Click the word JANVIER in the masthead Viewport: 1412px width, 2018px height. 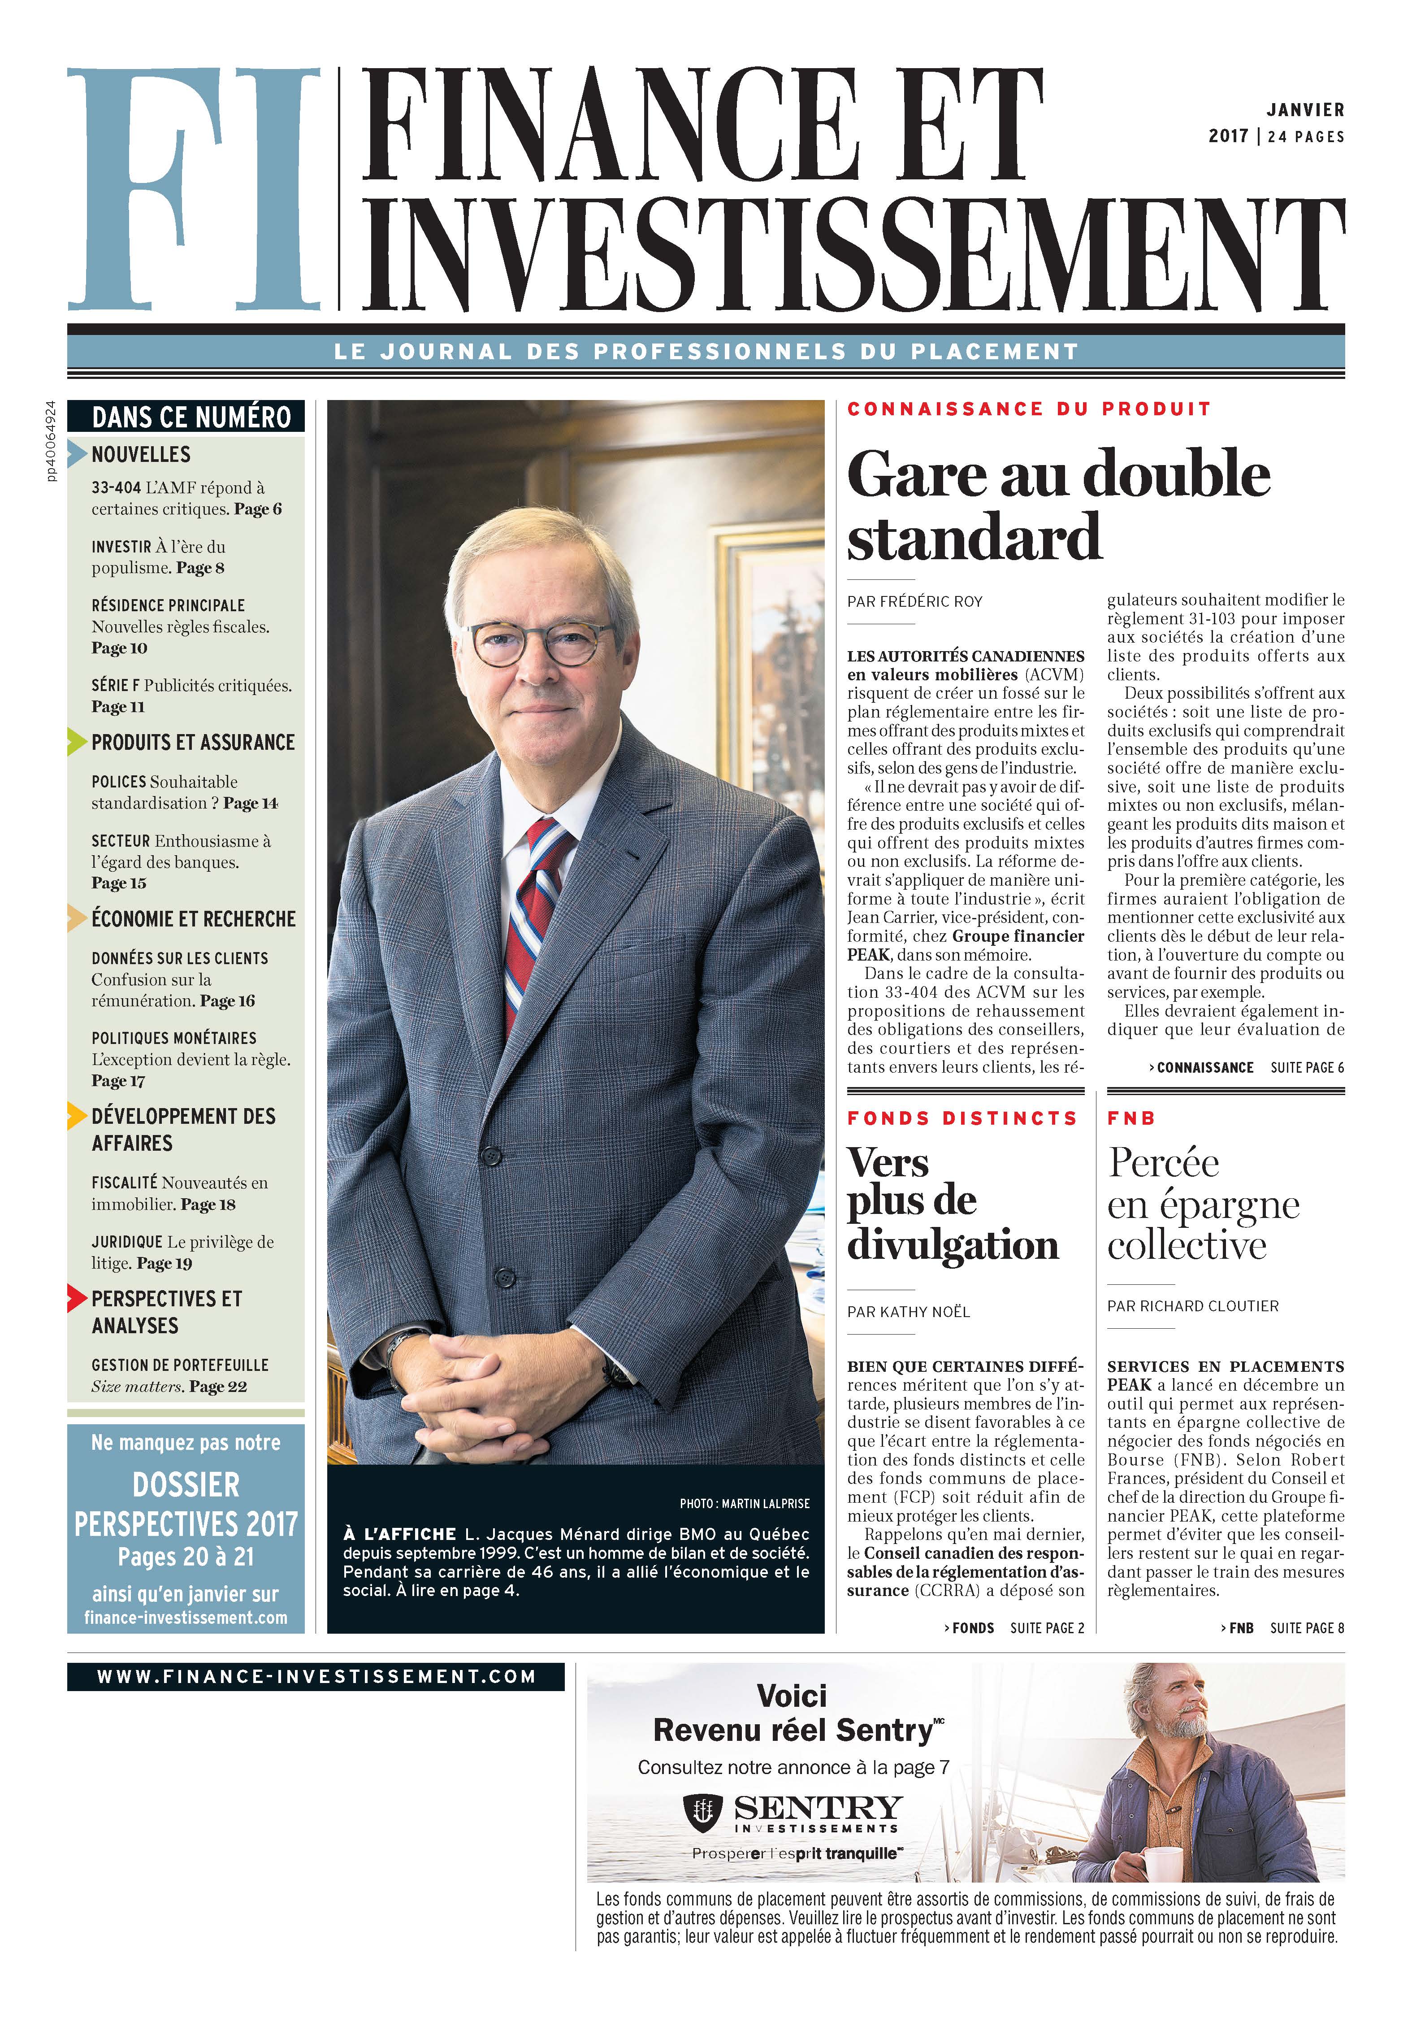[x=1305, y=111]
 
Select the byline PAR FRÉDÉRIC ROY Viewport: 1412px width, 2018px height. [x=915, y=602]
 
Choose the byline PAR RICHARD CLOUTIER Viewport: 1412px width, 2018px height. [x=1192, y=1306]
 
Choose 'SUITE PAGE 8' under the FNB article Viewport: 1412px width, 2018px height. [x=1307, y=1628]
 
